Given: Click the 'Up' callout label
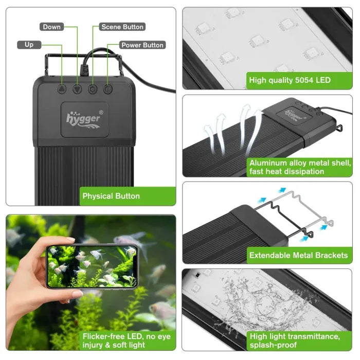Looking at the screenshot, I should pyautogui.click(x=29, y=45).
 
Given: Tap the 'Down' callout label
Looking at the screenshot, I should pyautogui.click(x=51, y=27).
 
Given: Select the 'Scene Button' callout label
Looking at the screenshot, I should pyautogui.click(x=122, y=27).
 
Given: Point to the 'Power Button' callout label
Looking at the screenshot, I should pyautogui.click(x=142, y=45).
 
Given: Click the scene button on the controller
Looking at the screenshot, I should pyautogui.click(x=93, y=89).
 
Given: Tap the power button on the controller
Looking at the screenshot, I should pyautogui.click(x=107, y=89).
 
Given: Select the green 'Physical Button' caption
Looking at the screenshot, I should pyautogui.click(x=111, y=195).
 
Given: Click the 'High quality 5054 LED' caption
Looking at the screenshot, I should pyautogui.click(x=290, y=80).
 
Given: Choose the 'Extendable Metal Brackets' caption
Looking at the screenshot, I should pyautogui.click(x=298, y=255).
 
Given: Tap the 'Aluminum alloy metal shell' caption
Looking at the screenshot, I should pyautogui.click(x=300, y=167).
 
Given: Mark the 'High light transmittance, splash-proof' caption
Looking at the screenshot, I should pyautogui.click(x=294, y=341).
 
